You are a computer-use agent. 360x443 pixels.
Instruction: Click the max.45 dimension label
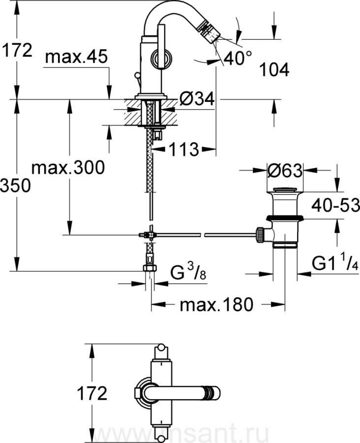click(76, 57)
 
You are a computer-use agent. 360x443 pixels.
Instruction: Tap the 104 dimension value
click(274, 70)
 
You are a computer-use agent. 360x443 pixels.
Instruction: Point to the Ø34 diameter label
click(197, 99)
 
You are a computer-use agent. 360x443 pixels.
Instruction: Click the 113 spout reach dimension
click(184, 149)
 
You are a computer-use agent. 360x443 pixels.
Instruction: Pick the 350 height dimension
click(15, 186)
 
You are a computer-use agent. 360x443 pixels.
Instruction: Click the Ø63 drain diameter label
click(285, 170)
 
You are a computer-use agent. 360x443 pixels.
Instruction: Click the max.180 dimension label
click(216, 305)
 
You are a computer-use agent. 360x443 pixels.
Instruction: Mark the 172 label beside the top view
click(92, 393)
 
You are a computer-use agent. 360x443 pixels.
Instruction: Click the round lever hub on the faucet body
click(161, 59)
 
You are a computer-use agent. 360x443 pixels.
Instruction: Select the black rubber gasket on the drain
click(285, 218)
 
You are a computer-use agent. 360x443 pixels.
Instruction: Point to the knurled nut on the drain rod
click(260, 234)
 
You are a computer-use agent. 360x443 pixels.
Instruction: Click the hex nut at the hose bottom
click(150, 268)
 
